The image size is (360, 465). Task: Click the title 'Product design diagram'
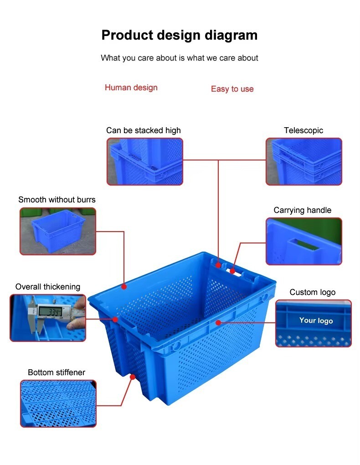[x=179, y=35]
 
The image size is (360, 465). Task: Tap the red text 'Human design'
[x=131, y=88]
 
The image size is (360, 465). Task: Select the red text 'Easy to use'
[x=232, y=89]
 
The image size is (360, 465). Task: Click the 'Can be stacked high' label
[x=144, y=130]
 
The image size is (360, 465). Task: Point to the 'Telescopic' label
[x=303, y=130]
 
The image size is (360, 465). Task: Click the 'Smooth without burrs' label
[x=57, y=200]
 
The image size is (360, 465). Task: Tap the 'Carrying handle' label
[x=302, y=210]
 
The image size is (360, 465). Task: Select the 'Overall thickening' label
[x=48, y=287]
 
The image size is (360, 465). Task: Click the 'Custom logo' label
[x=312, y=292]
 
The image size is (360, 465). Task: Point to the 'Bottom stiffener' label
[x=57, y=372]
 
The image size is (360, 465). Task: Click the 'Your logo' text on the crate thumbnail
[x=316, y=320]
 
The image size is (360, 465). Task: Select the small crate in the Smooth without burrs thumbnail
[x=58, y=230]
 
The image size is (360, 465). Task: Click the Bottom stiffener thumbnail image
[x=58, y=403]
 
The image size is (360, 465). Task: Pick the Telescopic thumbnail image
[x=303, y=162]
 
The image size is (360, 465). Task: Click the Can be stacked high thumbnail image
[x=145, y=162]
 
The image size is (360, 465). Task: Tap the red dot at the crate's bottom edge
[x=133, y=377]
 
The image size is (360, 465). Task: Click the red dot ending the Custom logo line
[x=218, y=323]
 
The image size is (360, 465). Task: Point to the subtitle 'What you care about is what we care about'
[x=179, y=58]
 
